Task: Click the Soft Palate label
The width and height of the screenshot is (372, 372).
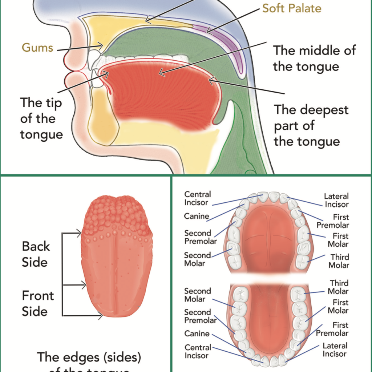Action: [x=292, y=8]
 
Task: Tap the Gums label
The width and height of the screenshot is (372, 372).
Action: [x=37, y=48]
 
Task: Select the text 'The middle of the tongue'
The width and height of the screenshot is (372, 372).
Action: [x=314, y=58]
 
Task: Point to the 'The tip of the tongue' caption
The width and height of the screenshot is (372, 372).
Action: [x=41, y=118]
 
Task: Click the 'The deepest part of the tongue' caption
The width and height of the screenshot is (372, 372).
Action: [x=311, y=125]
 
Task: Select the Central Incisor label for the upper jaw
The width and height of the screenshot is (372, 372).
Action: [x=197, y=198]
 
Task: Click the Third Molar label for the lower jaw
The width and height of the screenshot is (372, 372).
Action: [x=339, y=287]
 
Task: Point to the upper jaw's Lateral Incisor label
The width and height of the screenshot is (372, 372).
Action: [x=336, y=200]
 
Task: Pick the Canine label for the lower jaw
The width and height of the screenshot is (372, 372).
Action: [x=197, y=333]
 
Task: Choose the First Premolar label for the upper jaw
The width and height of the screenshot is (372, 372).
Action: [x=332, y=221]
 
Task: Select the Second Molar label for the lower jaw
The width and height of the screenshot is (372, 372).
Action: [x=197, y=295]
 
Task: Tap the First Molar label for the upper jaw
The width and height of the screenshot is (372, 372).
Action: [x=338, y=240]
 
